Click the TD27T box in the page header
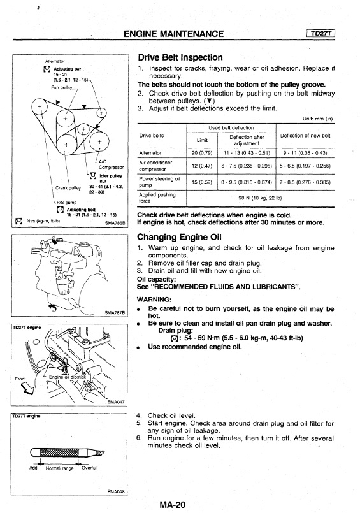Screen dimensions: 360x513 coord(320,33)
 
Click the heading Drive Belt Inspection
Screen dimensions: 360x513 coord(180,57)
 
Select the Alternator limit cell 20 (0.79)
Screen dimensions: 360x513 coord(202,153)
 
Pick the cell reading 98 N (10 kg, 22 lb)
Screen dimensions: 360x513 coord(260,198)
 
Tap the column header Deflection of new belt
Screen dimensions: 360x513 coord(305,136)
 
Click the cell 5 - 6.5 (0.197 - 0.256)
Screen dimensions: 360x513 coord(305,166)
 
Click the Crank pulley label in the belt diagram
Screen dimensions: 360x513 coord(68,188)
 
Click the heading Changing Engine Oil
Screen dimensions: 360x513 coord(179,237)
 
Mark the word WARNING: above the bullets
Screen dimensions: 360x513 coord(154,300)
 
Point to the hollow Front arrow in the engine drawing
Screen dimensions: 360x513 coord(27,387)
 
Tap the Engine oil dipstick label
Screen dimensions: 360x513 coord(68,377)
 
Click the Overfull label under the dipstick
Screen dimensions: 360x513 coord(89,468)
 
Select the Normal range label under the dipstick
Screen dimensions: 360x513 coord(59,468)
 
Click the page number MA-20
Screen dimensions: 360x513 coord(172,505)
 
